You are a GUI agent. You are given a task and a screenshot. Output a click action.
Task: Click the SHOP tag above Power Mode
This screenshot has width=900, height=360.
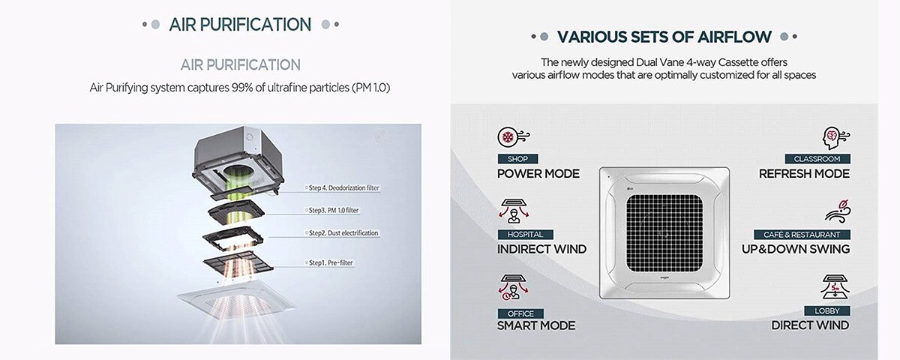click(x=517, y=159)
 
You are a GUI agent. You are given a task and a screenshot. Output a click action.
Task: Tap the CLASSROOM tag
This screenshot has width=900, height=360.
click(x=817, y=159)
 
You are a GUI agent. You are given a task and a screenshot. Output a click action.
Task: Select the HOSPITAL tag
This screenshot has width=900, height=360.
click(x=525, y=234)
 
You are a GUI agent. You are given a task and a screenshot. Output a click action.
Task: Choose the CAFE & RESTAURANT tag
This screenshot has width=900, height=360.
click(x=802, y=234)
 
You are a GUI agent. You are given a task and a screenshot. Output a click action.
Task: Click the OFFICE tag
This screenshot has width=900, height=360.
click(x=520, y=313)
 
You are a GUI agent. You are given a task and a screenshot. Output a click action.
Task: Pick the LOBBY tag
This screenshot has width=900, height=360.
click(x=827, y=310)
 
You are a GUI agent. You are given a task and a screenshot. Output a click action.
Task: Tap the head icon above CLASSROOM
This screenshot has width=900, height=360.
click(x=835, y=138)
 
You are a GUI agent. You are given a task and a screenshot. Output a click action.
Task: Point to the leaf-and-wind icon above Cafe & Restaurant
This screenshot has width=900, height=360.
click(x=838, y=211)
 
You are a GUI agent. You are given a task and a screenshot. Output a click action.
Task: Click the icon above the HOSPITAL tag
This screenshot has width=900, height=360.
click(x=514, y=211)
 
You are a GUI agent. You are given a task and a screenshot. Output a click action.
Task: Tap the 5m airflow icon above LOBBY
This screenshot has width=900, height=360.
click(x=835, y=286)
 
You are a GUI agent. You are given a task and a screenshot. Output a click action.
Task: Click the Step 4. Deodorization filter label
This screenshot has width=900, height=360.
click(x=343, y=187)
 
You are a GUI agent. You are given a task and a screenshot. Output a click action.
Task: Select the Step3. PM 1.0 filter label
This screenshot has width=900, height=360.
click(x=333, y=210)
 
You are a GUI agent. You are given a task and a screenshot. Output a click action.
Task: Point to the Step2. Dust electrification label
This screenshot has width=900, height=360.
click(x=343, y=233)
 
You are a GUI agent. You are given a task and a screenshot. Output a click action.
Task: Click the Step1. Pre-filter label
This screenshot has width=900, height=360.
click(x=330, y=262)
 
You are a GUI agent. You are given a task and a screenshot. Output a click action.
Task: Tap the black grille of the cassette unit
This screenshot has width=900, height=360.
click(x=664, y=233)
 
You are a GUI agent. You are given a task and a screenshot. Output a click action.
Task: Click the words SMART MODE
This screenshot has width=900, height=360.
click(x=536, y=325)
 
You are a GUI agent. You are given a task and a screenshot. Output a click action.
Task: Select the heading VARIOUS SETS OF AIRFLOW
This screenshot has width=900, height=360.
click(x=664, y=37)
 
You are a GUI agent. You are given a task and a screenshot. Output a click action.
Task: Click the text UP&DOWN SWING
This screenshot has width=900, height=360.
click(x=796, y=249)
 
